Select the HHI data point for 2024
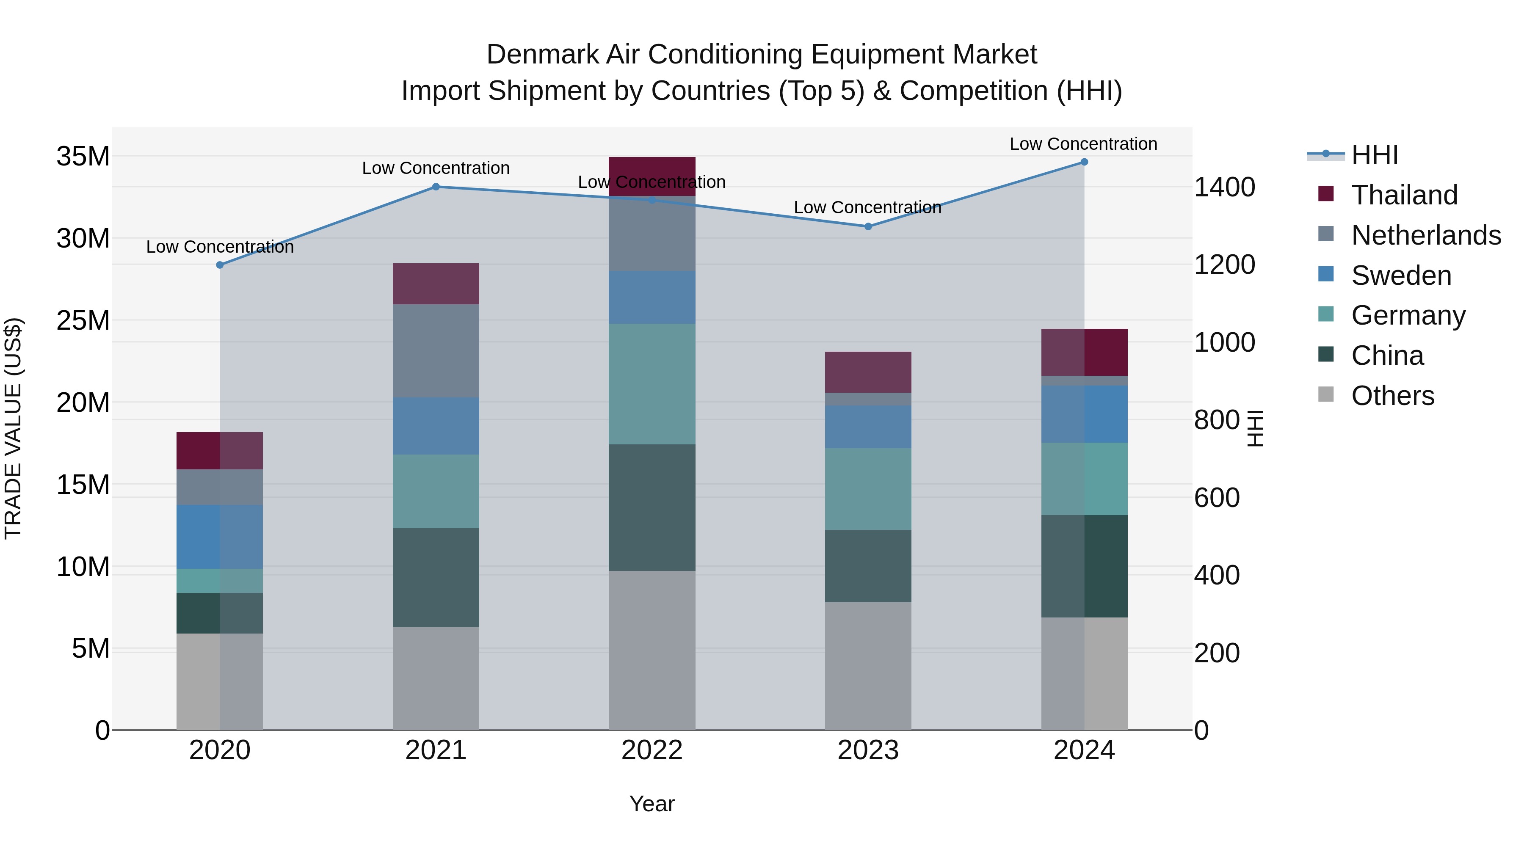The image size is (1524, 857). pyautogui.click(x=1084, y=162)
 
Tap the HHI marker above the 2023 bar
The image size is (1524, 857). pyautogui.click(x=868, y=226)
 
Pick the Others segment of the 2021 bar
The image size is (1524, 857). pyautogui.click(x=436, y=678)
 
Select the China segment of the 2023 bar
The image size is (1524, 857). pyautogui.click(x=868, y=566)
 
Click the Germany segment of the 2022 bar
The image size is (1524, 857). pyautogui.click(x=652, y=384)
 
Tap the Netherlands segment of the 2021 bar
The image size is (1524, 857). pyautogui.click(x=436, y=351)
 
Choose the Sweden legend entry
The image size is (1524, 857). pyautogui.click(x=1401, y=276)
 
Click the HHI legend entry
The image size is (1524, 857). pyautogui.click(x=1374, y=155)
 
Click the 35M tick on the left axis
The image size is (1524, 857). pyautogui.click(x=83, y=157)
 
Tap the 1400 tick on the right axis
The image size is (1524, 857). pyautogui.click(x=1224, y=187)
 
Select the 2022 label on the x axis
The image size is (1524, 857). pyautogui.click(x=652, y=750)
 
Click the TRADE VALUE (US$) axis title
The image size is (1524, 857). pyautogui.click(x=13, y=428)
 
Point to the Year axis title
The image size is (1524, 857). pyautogui.click(x=652, y=804)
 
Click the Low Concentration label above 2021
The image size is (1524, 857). pyautogui.click(x=436, y=168)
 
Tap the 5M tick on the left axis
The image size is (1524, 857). pyautogui.click(x=91, y=649)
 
